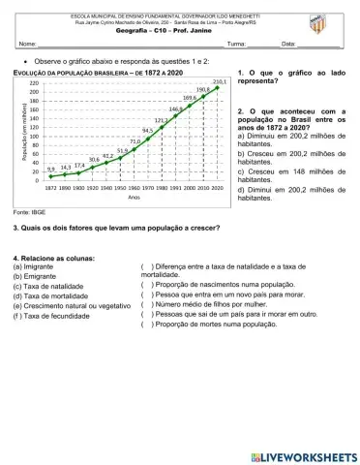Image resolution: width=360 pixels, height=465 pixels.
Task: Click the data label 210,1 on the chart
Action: click(220, 81)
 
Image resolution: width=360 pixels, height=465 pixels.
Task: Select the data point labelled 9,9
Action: click(50, 176)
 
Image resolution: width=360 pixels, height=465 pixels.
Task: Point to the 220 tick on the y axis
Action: click(34, 84)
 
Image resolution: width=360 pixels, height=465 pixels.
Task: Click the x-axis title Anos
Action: click(135, 199)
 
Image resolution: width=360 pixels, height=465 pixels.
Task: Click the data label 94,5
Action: click(148, 130)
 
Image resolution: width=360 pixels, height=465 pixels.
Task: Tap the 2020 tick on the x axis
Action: click(219, 189)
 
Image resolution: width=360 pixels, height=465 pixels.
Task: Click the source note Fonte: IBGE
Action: click(28, 210)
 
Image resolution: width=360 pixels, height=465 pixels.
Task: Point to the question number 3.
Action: click(16, 228)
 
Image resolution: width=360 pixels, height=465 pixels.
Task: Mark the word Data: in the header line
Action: click(288, 45)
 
